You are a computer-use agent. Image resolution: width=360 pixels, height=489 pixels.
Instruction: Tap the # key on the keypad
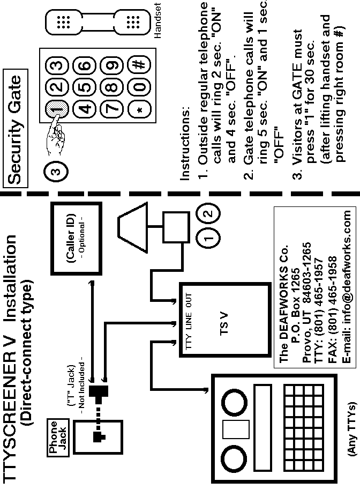pyautogui.click(x=139, y=64)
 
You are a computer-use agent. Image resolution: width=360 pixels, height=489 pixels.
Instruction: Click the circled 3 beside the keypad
pyautogui.click(x=59, y=171)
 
